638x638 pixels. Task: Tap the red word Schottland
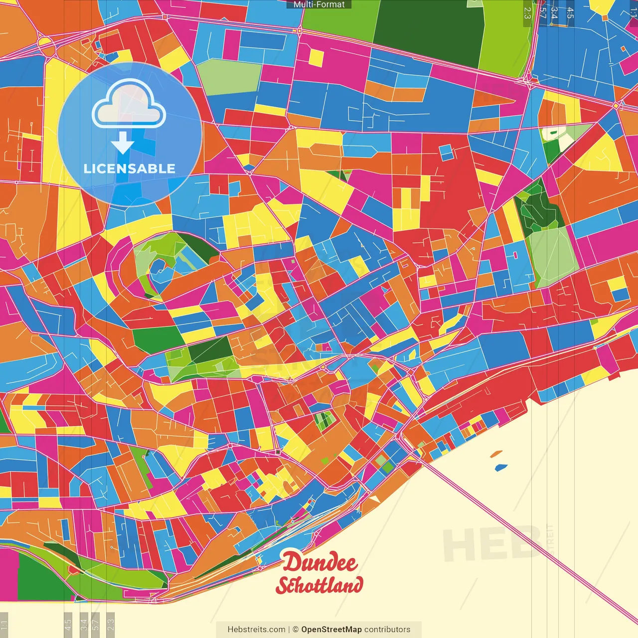(319, 585)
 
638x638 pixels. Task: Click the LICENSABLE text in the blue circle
(130, 168)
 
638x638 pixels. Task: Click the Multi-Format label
(319, 4)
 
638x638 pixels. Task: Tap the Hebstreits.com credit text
(256, 630)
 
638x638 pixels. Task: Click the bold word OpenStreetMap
(331, 630)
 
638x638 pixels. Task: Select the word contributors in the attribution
(387, 630)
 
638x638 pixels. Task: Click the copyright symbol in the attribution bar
(295, 630)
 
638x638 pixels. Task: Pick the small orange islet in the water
(496, 454)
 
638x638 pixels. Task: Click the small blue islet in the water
(500, 468)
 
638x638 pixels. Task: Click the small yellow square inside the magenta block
(316, 57)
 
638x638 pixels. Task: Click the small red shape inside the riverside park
(73, 569)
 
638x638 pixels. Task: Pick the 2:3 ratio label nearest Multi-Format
(527, 13)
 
